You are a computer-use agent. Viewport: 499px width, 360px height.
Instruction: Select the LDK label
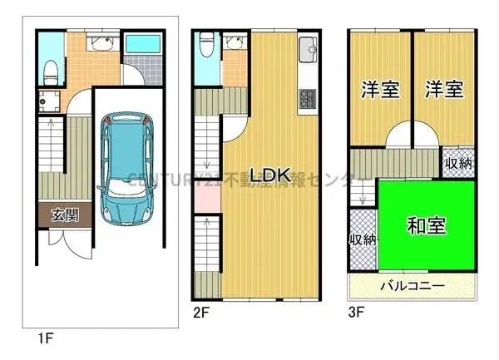coord(270,176)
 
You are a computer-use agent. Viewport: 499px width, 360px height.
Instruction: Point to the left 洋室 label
coord(378,90)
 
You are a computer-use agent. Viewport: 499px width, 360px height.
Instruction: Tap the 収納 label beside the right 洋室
coord(457,163)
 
